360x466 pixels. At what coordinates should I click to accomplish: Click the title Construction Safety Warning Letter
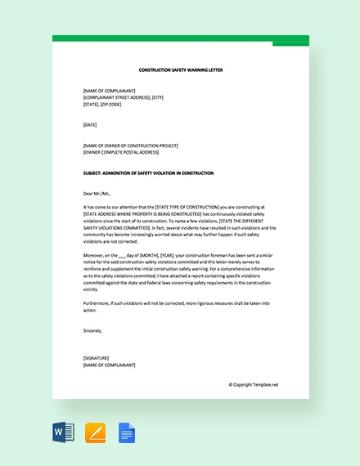181,70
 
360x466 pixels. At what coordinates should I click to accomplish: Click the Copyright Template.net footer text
254,384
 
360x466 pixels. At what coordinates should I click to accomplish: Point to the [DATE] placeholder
92,125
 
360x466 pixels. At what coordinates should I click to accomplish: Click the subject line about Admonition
148,173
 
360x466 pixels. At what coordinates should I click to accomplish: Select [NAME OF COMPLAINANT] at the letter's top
110,90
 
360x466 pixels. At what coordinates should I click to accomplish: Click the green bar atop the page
180,38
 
